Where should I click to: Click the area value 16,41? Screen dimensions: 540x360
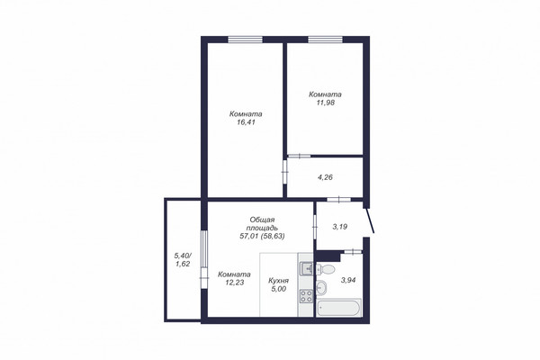[246, 122]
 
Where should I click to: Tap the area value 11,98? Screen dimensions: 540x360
[326, 103]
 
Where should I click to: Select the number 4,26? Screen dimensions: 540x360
[325, 178]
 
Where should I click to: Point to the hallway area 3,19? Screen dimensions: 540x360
[339, 227]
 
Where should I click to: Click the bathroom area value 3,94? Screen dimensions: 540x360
[347, 281]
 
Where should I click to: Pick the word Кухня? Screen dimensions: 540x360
[278, 281]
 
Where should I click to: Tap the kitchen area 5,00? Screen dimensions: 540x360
[278, 290]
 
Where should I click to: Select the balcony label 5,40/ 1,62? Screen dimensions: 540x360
[183, 260]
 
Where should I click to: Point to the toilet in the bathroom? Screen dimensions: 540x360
[325, 269]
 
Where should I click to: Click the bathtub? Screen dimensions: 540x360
[338, 307]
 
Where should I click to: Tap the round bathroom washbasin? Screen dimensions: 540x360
[322, 288]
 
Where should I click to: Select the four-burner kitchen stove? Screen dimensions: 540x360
[306, 296]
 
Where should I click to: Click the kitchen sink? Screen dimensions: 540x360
[306, 269]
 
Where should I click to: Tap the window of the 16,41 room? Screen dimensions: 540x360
[245, 40]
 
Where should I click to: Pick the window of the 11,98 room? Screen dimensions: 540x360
[325, 40]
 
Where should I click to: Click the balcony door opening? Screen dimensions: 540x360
[204, 260]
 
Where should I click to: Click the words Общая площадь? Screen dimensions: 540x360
[262, 224]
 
